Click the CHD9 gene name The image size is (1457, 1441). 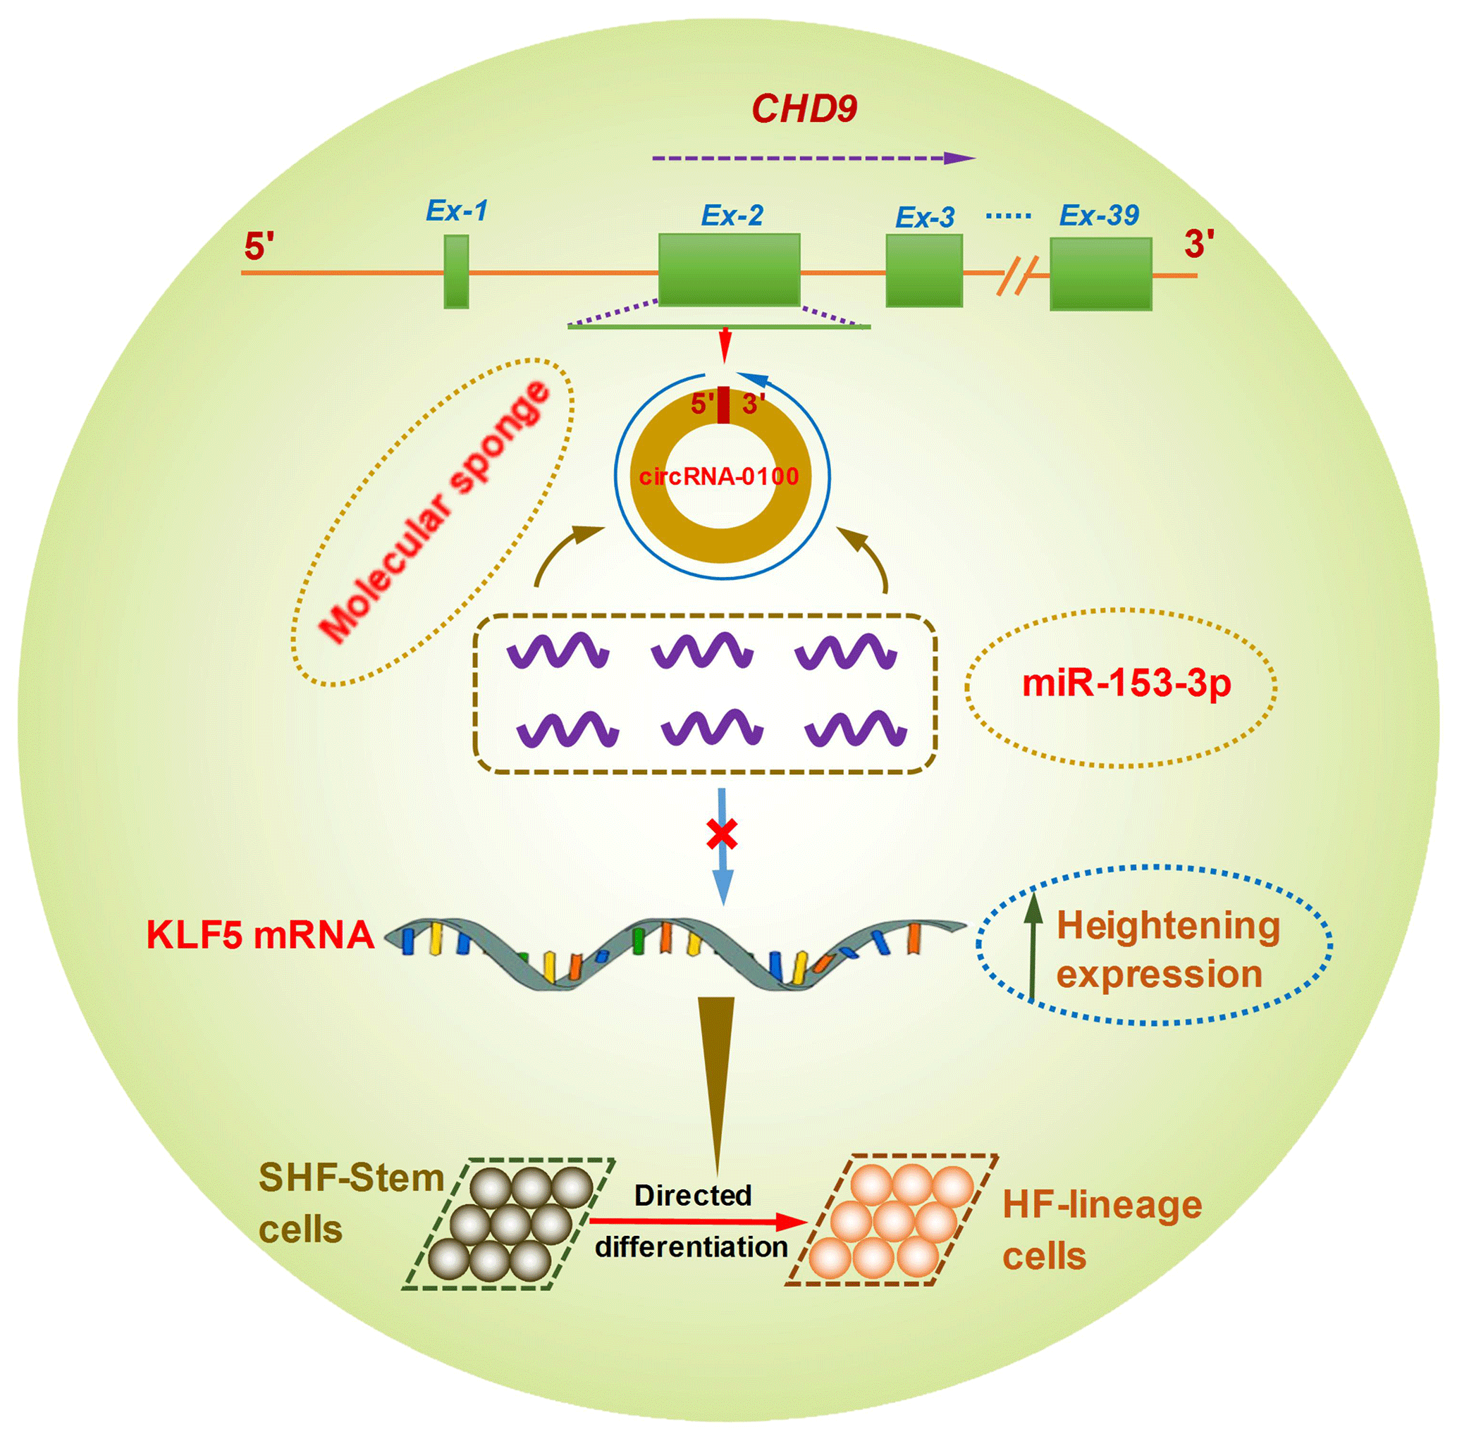[804, 109]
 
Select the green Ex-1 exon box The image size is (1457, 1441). [456, 271]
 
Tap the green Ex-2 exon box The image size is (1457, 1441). [729, 269]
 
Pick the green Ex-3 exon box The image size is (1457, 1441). [924, 271]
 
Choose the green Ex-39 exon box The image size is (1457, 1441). [1100, 273]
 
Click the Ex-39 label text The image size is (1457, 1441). [1099, 216]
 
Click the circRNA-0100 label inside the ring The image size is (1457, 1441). [719, 476]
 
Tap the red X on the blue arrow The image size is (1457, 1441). [722, 834]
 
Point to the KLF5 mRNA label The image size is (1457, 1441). [260, 936]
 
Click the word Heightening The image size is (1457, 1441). [1168, 926]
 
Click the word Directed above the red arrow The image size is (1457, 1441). [693, 1195]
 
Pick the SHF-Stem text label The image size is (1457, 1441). [350, 1178]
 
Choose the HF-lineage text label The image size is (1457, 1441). [1102, 1204]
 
